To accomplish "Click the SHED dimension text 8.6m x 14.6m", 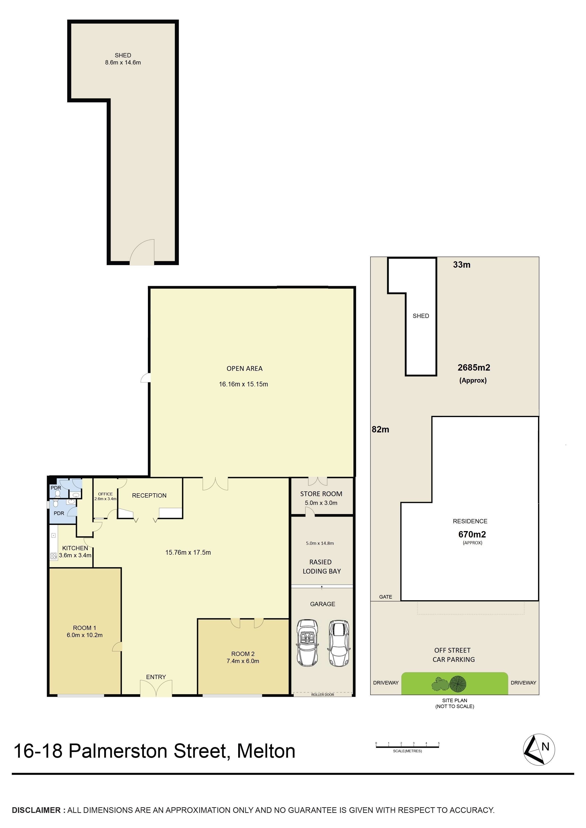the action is coord(123,62).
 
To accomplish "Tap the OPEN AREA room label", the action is coord(244,368).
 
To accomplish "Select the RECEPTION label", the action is coord(149,495).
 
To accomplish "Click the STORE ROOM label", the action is coord(321,494).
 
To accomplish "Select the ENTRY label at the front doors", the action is coord(156,677).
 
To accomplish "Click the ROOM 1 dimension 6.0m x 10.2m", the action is coord(85,635).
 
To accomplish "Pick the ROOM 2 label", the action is coord(243,654).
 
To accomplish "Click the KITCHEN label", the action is coord(75,548).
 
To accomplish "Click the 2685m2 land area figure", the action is coord(474,368).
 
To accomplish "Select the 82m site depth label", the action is coord(380,430).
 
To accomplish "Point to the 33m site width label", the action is coord(462,265).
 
